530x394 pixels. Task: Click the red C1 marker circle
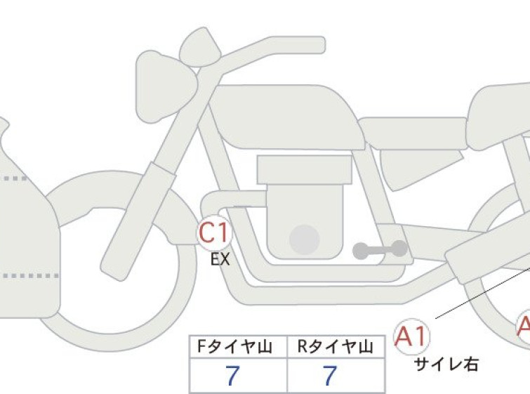[214, 233]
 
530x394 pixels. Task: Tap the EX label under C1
[220, 260]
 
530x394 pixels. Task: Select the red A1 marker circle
[411, 336]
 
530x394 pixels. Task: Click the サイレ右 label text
[446, 365]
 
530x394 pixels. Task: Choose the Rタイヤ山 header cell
[336, 347]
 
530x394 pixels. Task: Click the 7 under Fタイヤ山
[232, 376]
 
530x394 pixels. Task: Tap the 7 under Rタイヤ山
[330, 376]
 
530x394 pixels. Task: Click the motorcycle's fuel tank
[287, 117]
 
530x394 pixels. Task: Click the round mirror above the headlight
[200, 46]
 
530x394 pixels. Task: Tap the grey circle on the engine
[305, 239]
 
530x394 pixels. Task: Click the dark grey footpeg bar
[380, 250]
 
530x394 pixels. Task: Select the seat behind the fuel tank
[413, 133]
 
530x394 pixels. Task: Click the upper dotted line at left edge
[15, 178]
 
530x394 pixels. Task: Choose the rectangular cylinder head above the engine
[305, 170]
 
